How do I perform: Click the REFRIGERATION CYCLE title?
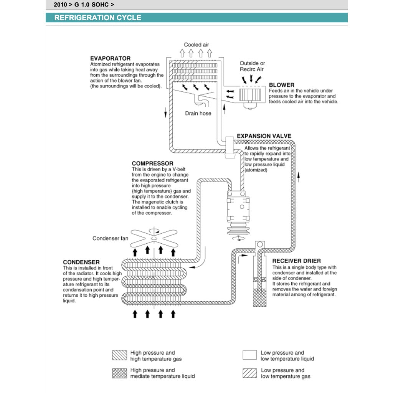coord(97,18)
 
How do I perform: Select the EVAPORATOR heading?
coord(110,59)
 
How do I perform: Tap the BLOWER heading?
coord(282,85)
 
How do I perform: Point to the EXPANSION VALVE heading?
coord(264,136)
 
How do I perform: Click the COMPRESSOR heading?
coord(152,163)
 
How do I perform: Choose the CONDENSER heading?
coord(81,262)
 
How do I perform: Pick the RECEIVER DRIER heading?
coord(297,261)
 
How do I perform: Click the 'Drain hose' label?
coord(198,113)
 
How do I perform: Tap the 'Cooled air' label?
coord(196,45)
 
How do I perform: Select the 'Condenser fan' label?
coord(111,238)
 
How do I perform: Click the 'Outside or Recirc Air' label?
coord(253,66)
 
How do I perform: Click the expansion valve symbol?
coord(230,146)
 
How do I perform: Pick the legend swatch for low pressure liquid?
coord(249,355)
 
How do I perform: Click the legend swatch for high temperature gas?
coord(119,355)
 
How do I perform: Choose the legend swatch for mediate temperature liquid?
coord(119,373)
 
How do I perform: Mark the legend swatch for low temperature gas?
coord(249,373)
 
